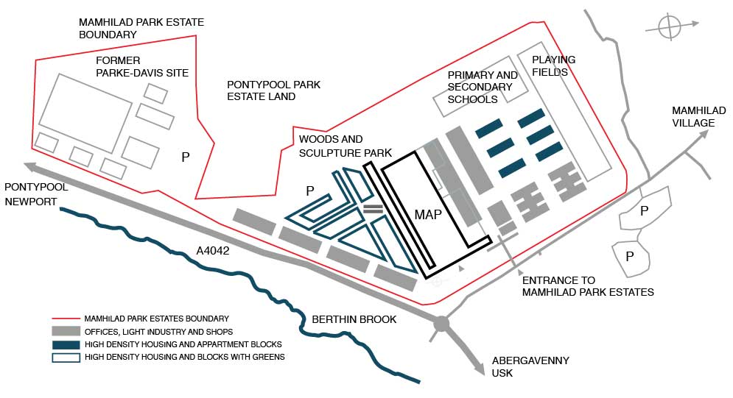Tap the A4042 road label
coord(213,251)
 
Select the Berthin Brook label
coord(354,319)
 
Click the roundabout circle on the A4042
coord(441,323)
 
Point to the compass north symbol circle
coord(670,28)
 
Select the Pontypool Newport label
coord(36,194)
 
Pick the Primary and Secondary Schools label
coord(483,87)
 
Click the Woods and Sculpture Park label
coord(331,145)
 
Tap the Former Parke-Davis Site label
coord(142,66)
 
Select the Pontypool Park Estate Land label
coord(273,90)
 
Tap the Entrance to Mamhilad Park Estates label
coord(588,286)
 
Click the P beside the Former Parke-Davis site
coord(186,157)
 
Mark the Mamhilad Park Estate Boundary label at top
coord(141,28)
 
